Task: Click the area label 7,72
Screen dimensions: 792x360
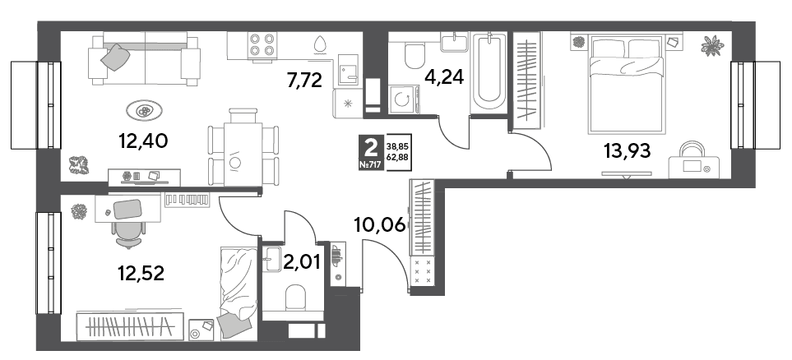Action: [x=304, y=80]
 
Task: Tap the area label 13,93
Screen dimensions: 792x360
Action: [x=627, y=150]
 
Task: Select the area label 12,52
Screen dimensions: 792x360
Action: [x=141, y=274]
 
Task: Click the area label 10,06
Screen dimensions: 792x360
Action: [x=380, y=225]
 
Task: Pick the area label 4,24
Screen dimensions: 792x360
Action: [x=445, y=78]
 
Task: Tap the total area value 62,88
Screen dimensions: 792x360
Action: [x=397, y=156]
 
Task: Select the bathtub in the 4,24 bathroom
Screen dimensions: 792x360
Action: [x=488, y=73]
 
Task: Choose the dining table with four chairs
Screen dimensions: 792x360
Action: [x=243, y=147]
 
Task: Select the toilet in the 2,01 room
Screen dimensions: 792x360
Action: [x=297, y=298]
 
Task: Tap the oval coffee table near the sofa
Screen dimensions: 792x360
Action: [x=145, y=110]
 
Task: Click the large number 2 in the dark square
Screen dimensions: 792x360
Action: [x=370, y=148]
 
